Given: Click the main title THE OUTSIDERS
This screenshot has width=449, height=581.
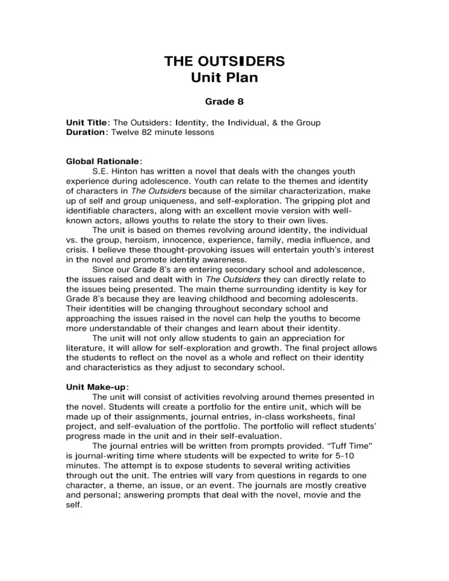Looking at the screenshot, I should pyautogui.click(x=224, y=62).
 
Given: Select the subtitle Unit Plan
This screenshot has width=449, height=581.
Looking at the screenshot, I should pyautogui.click(x=224, y=78).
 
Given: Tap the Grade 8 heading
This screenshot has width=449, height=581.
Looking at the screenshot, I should pyautogui.click(x=224, y=102).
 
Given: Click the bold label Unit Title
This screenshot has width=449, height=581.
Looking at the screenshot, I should pyautogui.click(x=87, y=123).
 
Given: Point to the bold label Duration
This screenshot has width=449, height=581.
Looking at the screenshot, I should pyautogui.click(x=87, y=132).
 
